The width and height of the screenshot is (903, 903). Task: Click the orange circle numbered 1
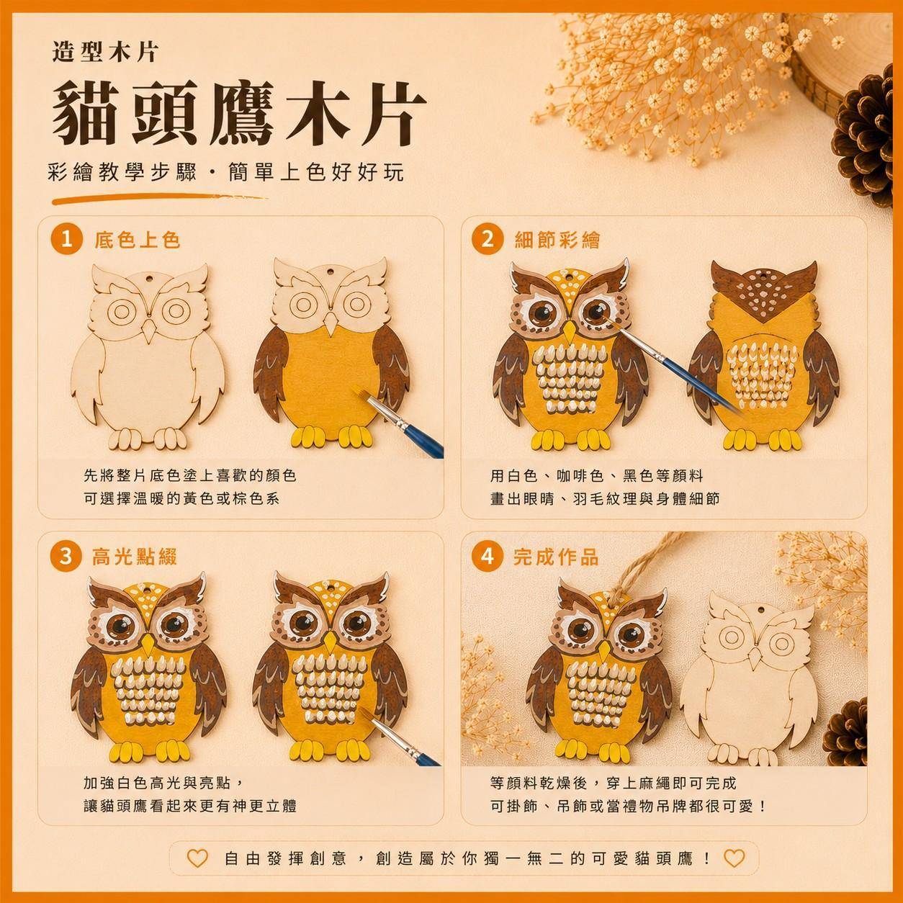coord(66,241)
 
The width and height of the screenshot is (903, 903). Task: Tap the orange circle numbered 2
coord(488,240)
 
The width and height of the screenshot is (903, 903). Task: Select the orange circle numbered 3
coord(66,557)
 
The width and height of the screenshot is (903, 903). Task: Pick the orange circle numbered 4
coord(488,557)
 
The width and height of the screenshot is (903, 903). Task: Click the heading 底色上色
coord(138,241)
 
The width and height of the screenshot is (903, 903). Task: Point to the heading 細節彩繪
coord(557,240)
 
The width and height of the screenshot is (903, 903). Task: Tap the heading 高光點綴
coord(135,557)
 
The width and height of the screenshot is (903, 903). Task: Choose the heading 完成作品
coord(556,557)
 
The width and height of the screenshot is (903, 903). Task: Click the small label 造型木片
coord(105,53)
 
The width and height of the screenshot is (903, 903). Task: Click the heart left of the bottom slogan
coord(197,858)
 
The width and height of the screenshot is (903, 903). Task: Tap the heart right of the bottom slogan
coord(734,858)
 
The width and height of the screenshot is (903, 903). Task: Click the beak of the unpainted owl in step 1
coord(149,331)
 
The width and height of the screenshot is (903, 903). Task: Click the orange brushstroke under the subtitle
coord(159,199)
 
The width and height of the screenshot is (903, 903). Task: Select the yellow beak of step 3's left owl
coord(148,644)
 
